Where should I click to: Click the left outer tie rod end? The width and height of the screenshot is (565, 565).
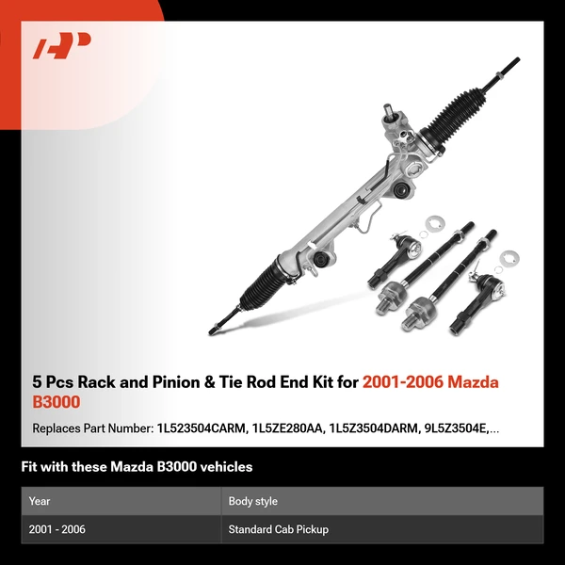click(x=389, y=255)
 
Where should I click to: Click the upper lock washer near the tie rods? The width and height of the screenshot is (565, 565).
click(x=435, y=223)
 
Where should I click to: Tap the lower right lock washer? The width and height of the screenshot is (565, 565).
click(x=509, y=257)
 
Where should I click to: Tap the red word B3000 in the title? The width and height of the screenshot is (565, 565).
click(x=56, y=402)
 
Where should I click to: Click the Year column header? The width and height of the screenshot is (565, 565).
click(x=40, y=501)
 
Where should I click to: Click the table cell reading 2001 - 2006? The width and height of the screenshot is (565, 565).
click(x=57, y=529)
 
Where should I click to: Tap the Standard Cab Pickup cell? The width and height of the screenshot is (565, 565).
click(x=278, y=529)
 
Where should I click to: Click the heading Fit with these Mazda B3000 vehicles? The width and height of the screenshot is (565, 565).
click(x=137, y=467)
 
